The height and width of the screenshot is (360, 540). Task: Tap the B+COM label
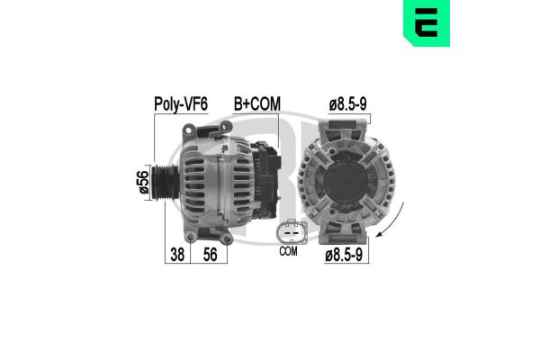(x=256, y=105)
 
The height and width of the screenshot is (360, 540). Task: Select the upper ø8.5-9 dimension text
(x=348, y=105)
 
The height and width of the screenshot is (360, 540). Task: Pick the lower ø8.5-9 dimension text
(x=346, y=256)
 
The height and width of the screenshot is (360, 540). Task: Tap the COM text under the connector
(x=288, y=252)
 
